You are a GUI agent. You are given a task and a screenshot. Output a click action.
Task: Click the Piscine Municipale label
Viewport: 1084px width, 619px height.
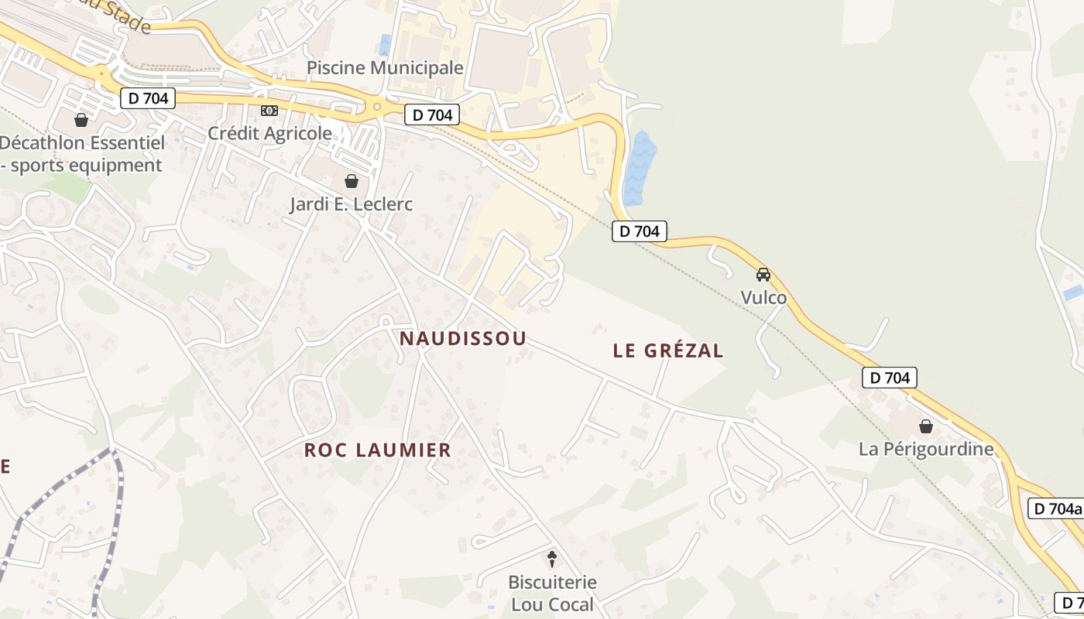pos(385,67)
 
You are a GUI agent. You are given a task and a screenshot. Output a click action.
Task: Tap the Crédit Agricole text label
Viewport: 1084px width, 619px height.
pos(269,133)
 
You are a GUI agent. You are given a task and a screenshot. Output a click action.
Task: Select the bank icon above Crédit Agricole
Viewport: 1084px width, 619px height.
pos(269,111)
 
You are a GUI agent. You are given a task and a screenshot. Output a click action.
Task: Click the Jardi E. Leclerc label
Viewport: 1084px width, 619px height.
pos(351,204)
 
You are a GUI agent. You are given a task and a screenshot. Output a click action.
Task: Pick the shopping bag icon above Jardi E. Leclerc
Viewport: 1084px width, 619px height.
pos(352,181)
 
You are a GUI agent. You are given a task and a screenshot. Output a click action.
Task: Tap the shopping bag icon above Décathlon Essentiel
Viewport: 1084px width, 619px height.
pos(81,120)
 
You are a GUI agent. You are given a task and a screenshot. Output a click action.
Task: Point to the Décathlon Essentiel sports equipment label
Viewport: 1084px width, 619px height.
pos(81,154)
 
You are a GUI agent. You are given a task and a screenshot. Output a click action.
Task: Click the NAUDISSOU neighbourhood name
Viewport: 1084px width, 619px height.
pos(463,338)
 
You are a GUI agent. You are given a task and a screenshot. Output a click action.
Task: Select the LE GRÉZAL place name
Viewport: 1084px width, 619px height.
pos(668,351)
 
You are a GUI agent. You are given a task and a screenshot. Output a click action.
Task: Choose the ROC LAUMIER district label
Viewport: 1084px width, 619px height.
pos(377,450)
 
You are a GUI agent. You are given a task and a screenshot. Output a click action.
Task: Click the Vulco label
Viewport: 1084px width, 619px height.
pos(763,298)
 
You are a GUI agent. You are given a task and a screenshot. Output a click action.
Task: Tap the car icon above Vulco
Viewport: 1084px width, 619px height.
pos(763,274)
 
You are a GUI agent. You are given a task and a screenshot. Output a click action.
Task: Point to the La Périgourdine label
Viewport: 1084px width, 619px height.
pos(926,449)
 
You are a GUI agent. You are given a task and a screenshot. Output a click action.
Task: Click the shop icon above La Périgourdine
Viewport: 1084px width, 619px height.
pos(925,426)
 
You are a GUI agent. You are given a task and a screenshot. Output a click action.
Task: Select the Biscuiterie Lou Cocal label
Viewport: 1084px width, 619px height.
pos(552,593)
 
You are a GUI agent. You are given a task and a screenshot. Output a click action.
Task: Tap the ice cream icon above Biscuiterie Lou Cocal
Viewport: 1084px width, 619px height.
pos(552,558)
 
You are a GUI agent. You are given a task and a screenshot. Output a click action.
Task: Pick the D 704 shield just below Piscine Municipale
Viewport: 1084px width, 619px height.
pos(432,115)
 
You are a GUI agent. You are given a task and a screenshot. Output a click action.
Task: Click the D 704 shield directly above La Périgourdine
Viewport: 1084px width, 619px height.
pos(889,378)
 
